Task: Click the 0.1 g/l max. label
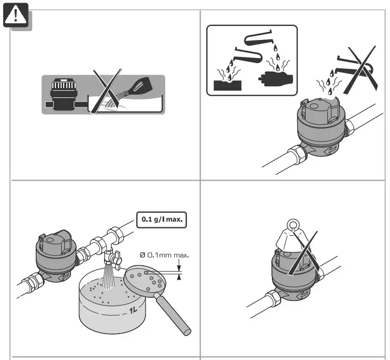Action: click(161, 220)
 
